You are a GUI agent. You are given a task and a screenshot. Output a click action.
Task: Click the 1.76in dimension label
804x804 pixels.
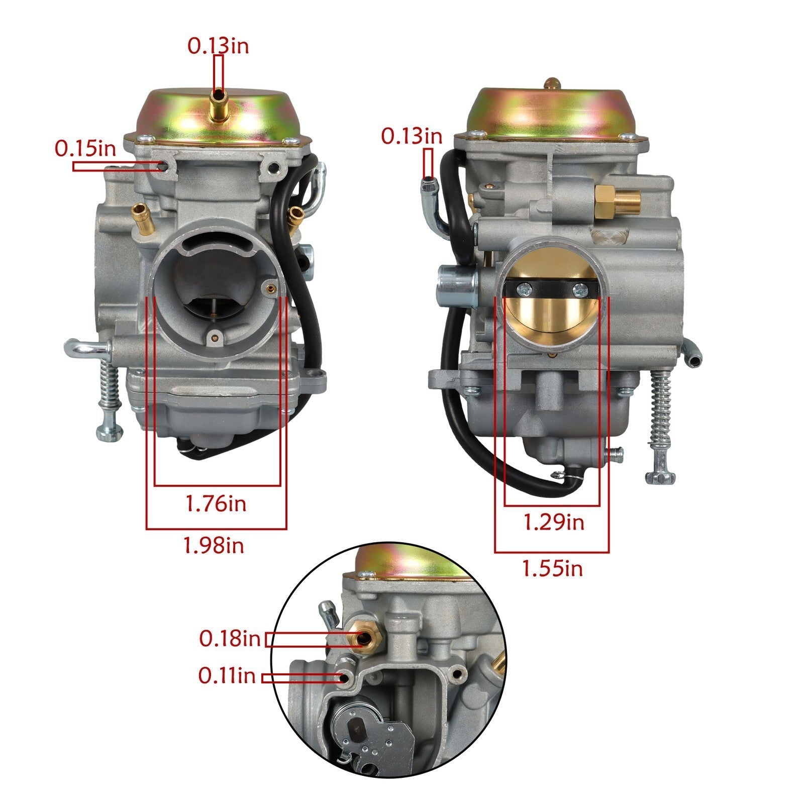216,504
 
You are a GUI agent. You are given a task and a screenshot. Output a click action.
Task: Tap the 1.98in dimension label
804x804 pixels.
214,545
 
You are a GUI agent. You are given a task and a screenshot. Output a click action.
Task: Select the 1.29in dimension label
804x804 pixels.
554,523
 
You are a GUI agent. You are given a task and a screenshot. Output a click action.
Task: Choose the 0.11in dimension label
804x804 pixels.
227,676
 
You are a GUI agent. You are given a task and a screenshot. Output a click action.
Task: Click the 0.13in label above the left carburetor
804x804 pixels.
218,46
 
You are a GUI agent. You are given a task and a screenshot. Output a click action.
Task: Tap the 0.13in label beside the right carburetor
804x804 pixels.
412,136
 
